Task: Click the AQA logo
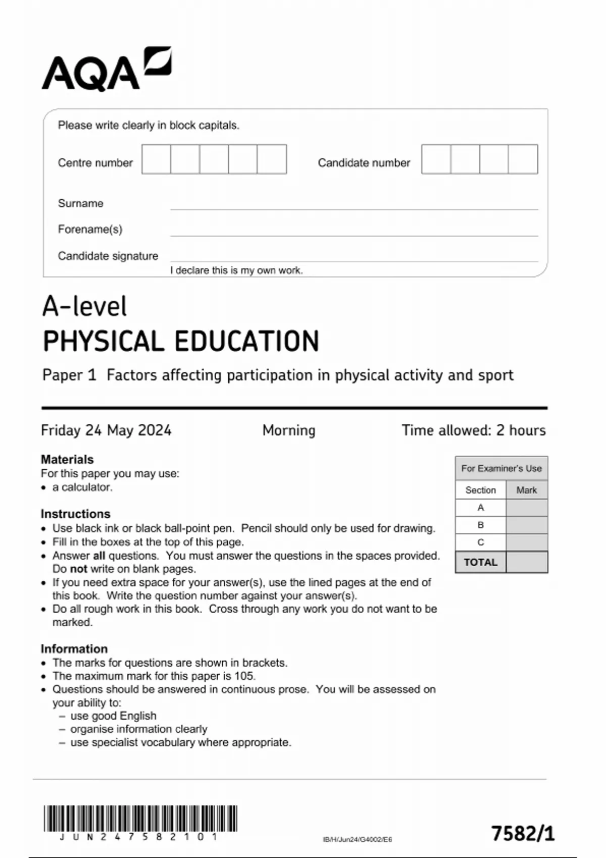[x=106, y=70]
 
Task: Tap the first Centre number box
[x=156, y=159]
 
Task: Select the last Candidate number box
[x=523, y=159]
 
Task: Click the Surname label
[x=81, y=203]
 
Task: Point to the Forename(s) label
[x=90, y=230]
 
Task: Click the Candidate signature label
[x=108, y=256]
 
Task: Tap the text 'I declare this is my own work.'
[x=236, y=271]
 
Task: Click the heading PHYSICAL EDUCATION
[x=181, y=341]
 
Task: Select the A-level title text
[x=84, y=306]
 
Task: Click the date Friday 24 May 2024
[x=106, y=430]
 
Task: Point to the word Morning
[x=289, y=430]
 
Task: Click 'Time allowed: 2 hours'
[x=473, y=430]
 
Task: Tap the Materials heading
[x=67, y=459]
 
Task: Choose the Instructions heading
[x=75, y=514]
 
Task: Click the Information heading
[x=74, y=649]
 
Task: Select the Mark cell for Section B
[x=526, y=525]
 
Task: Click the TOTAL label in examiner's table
[x=480, y=562]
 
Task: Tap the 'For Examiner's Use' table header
[x=501, y=468]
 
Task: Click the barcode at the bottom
[x=140, y=819]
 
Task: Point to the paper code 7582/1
[x=523, y=833]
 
